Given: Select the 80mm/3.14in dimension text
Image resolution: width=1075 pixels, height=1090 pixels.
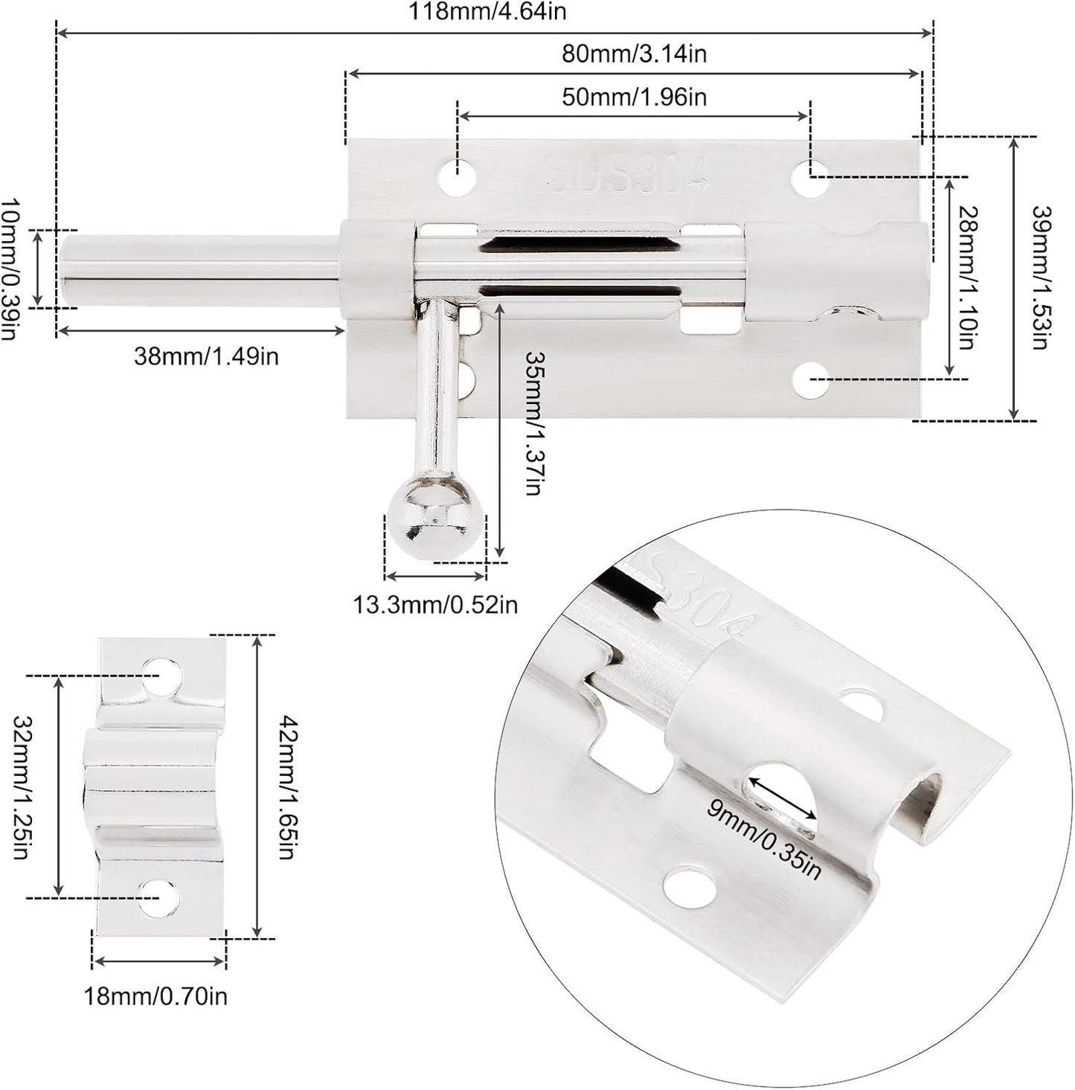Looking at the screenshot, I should (x=634, y=54).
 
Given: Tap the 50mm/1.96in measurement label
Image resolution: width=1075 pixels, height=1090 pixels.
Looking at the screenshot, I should (x=634, y=97).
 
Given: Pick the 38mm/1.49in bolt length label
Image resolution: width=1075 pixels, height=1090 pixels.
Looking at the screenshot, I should (x=206, y=356).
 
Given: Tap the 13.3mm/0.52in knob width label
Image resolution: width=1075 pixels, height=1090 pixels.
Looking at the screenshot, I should (x=435, y=605).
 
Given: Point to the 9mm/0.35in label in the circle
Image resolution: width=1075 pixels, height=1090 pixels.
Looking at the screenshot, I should (x=764, y=843).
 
